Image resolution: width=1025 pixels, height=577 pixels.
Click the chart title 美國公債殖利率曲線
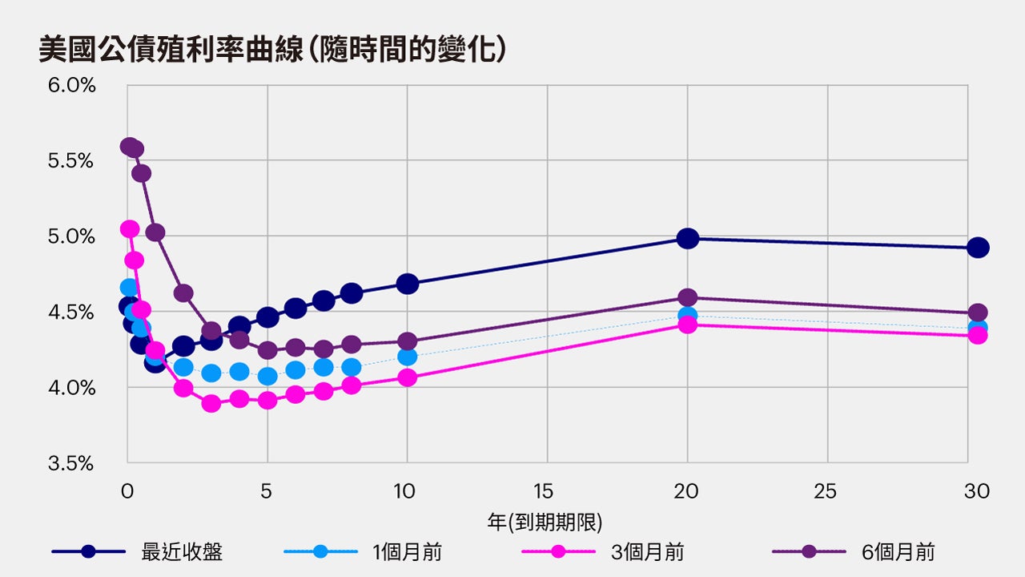[x=272, y=50]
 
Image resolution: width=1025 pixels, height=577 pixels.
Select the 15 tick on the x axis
[x=547, y=491]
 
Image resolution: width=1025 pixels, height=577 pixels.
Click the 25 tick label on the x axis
[x=827, y=491]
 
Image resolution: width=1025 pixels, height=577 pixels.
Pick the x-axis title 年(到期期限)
[x=545, y=522]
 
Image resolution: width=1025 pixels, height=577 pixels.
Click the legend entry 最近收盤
[x=182, y=551]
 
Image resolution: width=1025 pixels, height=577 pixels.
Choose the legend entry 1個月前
[x=407, y=551]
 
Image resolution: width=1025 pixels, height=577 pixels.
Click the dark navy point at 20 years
[x=687, y=238]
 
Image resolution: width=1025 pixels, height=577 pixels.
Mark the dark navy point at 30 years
[x=978, y=248]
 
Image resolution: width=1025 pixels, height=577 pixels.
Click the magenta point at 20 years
[x=687, y=325]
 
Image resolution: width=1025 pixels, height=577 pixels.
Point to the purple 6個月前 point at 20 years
[x=687, y=297]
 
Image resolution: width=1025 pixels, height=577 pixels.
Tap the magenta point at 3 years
[x=211, y=403]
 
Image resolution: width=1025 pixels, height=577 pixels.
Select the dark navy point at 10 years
[x=408, y=284]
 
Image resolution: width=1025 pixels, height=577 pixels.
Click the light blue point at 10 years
[x=408, y=357]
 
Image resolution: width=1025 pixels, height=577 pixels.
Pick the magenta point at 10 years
[x=408, y=377]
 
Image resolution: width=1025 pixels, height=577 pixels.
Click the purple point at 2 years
[x=183, y=293]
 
